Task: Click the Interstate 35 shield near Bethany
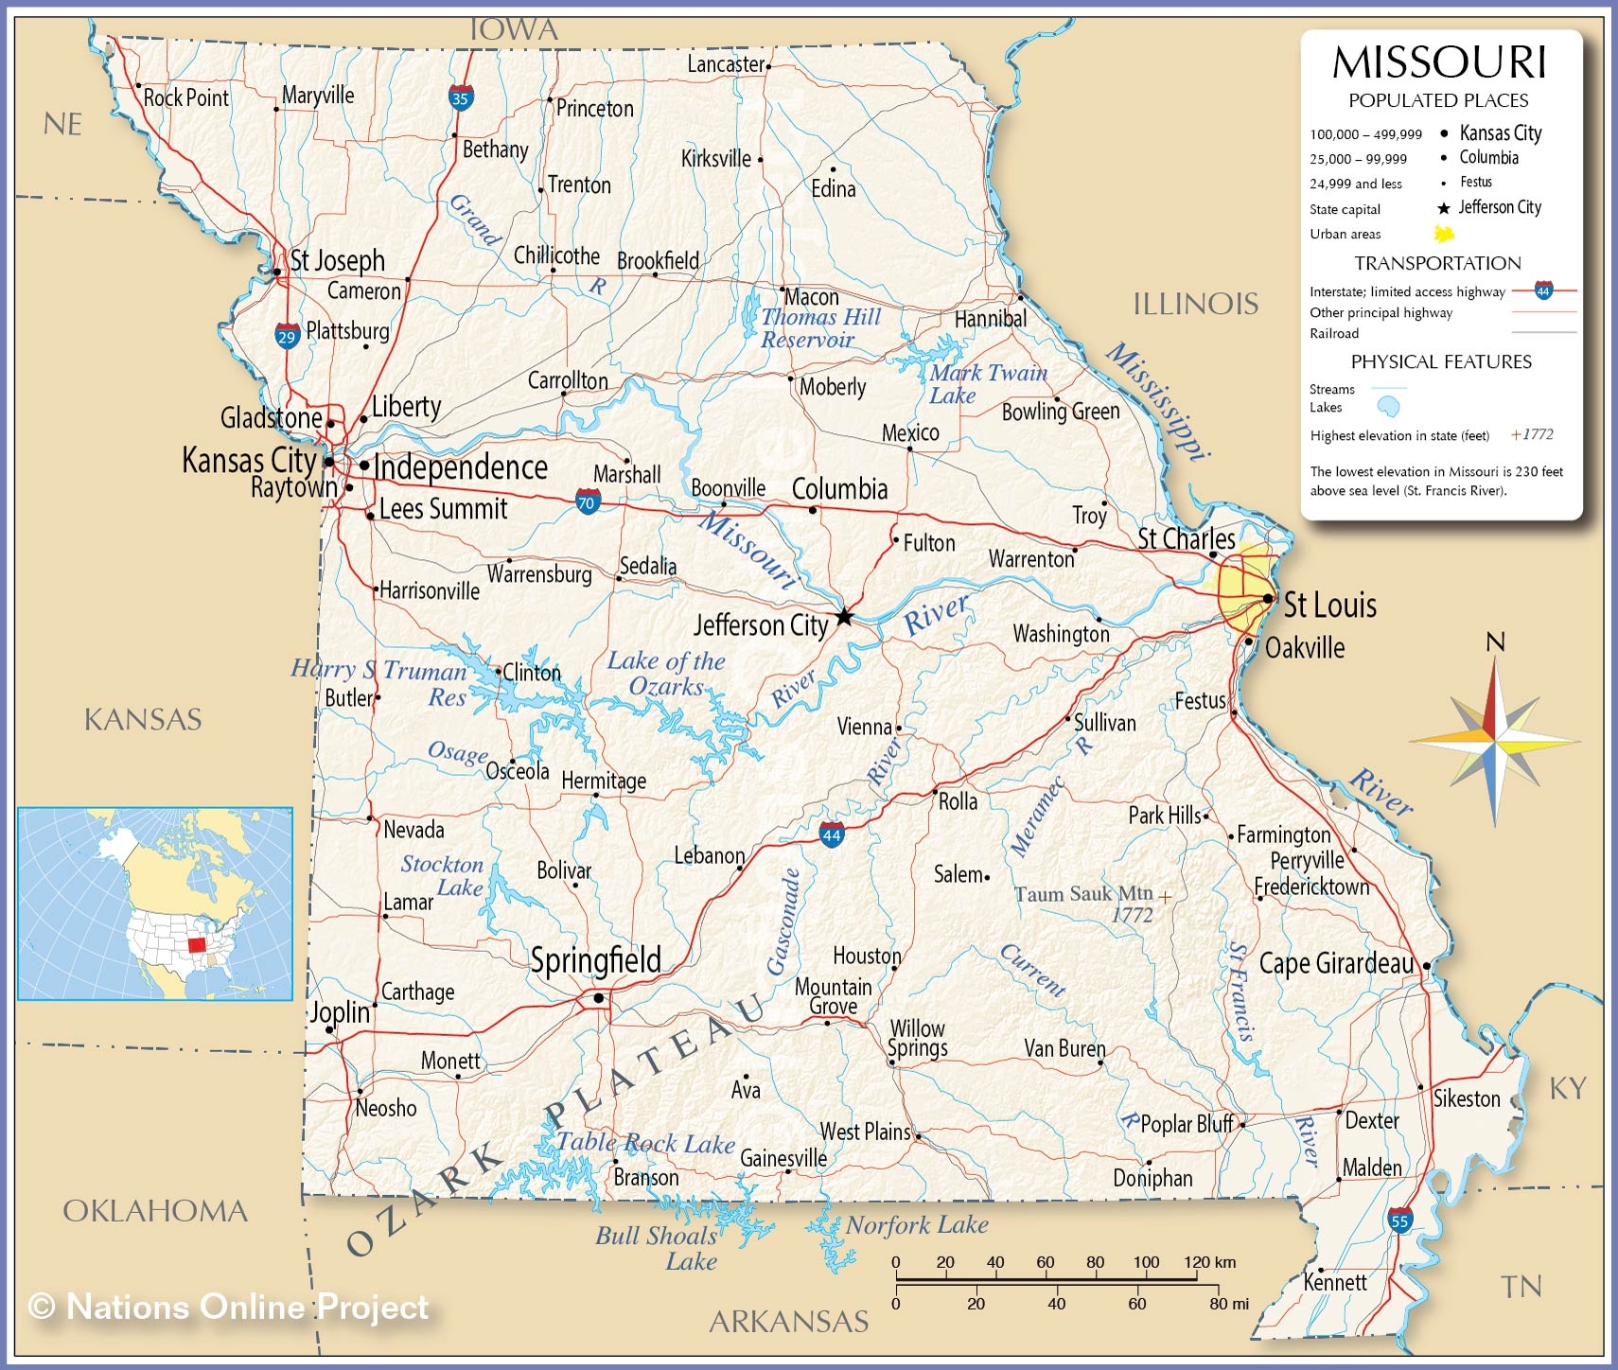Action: [x=461, y=97]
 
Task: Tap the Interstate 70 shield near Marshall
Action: [x=588, y=501]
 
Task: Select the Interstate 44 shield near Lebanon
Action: [x=831, y=834]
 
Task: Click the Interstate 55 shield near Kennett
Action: [x=1400, y=1221]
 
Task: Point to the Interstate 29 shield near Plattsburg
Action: [x=287, y=335]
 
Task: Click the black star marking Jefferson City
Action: [x=844, y=618]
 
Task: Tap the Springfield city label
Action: [x=595, y=960]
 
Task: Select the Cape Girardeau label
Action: [x=1336, y=963]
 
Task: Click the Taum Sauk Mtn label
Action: [x=1083, y=894]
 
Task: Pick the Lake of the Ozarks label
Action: [x=666, y=674]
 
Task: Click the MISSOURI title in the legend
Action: [x=1439, y=63]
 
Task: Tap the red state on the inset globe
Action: [x=197, y=943]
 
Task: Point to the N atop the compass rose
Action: [x=1495, y=642]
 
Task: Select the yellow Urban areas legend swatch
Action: [x=1444, y=234]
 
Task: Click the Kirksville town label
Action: [x=715, y=159]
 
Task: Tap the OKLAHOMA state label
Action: [x=155, y=1211]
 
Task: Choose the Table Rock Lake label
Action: [x=645, y=1143]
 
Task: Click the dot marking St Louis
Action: [x=1268, y=599]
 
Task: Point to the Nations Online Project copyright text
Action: [x=229, y=1308]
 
